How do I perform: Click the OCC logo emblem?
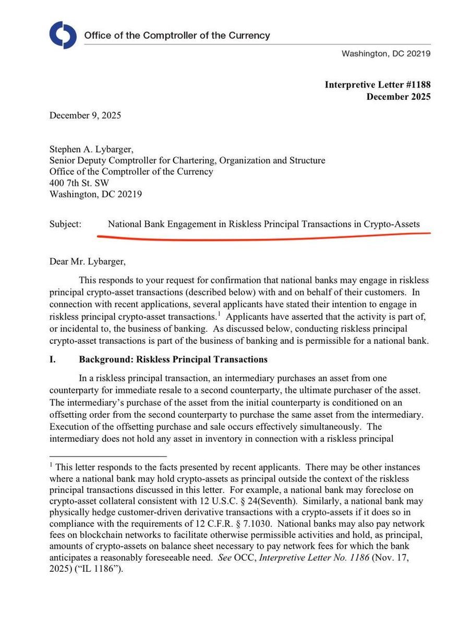[63, 35]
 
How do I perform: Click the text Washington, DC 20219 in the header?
[385, 54]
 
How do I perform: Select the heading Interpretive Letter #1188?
[378, 85]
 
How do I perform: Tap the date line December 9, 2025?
[85, 115]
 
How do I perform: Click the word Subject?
[66, 224]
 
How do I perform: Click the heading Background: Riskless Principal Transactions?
[173, 359]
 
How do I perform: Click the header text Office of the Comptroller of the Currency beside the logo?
[177, 36]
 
